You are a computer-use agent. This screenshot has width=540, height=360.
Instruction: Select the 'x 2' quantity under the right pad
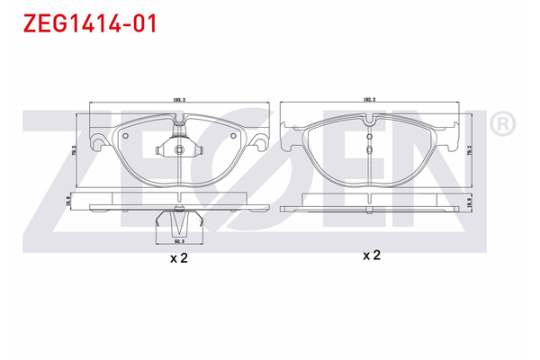pyautogui.click(x=371, y=256)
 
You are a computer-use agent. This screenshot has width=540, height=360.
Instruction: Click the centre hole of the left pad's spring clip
pyautogui.click(x=178, y=149)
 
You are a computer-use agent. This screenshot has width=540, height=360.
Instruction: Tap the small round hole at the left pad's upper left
pyautogui.click(x=126, y=137)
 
